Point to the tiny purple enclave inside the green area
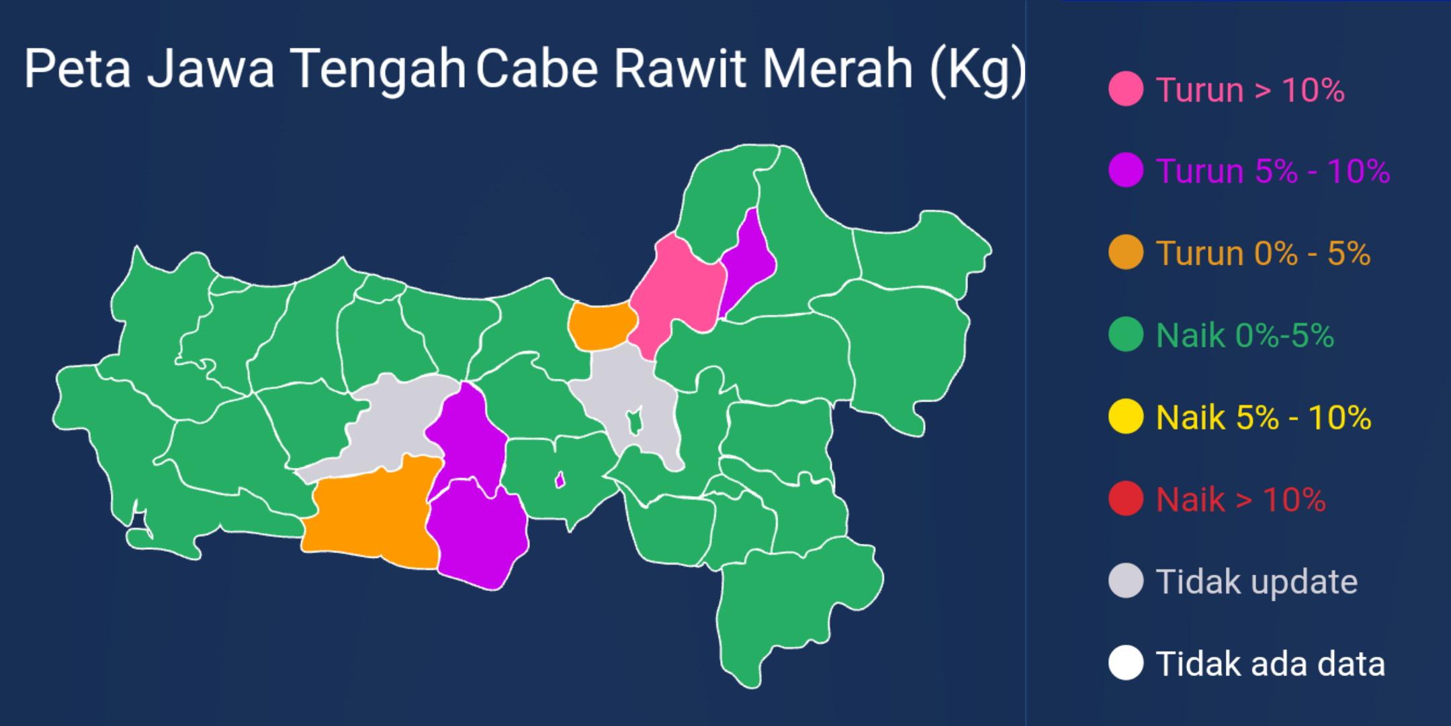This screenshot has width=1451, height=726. [559, 480]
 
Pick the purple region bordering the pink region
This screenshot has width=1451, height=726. [749, 259]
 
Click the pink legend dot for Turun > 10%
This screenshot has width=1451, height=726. [1126, 89]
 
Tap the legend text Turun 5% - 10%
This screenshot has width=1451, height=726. [1272, 171]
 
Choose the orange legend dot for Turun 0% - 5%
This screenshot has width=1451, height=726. [1126, 253]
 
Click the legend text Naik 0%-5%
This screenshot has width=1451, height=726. [1244, 335]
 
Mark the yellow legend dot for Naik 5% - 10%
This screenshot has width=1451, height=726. [1126, 417]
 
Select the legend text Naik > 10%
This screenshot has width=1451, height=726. [1240, 499]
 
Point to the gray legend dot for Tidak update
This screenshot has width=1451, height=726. [1126, 581]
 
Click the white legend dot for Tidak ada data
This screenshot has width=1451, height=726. [1126, 663]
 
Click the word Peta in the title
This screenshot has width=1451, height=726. [77, 69]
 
